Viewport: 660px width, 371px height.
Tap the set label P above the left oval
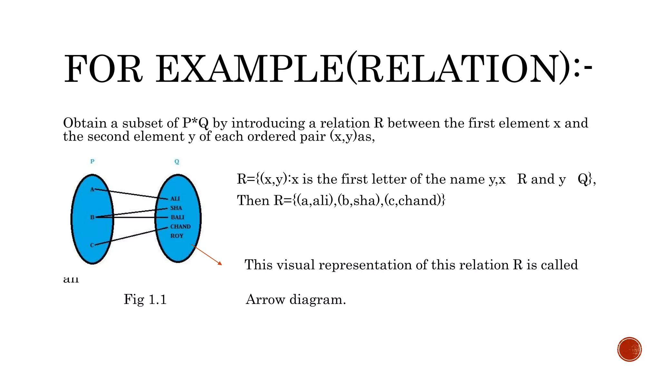tap(92, 161)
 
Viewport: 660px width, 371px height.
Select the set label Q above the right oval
tap(177, 162)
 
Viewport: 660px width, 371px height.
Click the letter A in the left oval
tap(92, 189)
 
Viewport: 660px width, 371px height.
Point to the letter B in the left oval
tap(92, 217)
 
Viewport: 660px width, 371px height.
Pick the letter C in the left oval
tap(92, 245)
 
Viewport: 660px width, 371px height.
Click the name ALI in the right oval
tap(175, 199)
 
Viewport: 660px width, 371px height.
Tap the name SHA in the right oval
tap(176, 208)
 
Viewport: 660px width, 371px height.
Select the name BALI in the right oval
tap(177, 217)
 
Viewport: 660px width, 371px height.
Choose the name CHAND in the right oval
tap(180, 227)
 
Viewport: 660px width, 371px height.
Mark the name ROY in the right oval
tap(177, 236)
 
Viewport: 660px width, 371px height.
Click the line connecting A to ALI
tap(132, 194)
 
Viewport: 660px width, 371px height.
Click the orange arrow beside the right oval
tap(207, 255)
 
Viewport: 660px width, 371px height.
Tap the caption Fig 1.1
tap(145, 300)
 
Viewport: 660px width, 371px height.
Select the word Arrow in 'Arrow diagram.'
tap(265, 300)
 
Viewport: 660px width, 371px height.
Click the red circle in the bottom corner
tap(629, 349)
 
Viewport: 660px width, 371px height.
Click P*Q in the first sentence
tap(195, 123)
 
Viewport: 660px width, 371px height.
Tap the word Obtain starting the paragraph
tap(85, 123)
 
